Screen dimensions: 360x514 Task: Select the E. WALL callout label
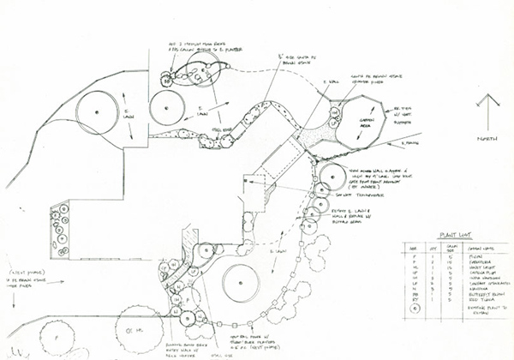click(x=327, y=82)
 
